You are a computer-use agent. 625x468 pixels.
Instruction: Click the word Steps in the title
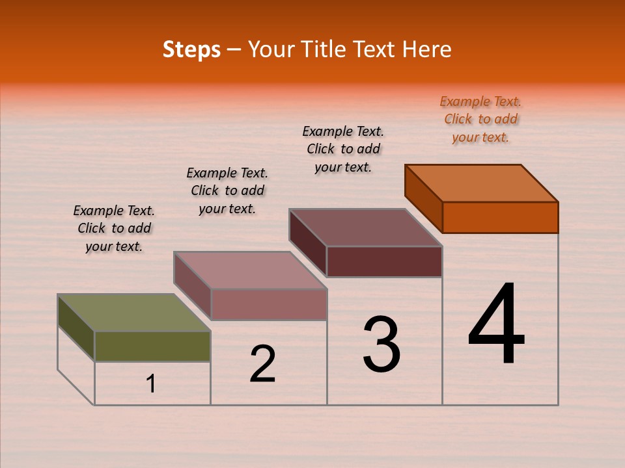[x=191, y=49]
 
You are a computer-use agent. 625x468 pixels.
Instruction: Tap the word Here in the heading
[x=426, y=49]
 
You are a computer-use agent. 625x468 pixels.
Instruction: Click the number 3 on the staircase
[x=382, y=344]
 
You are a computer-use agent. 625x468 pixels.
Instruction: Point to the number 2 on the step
[x=262, y=364]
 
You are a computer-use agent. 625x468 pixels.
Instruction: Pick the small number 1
[x=151, y=383]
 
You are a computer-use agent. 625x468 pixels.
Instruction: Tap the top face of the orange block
[x=482, y=183]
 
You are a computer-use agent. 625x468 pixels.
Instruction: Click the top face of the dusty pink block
[x=250, y=270]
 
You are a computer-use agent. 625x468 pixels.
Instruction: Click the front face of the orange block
[x=500, y=217]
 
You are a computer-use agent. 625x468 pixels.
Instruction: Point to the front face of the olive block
[x=152, y=346]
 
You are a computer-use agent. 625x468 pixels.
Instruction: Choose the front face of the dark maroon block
[x=384, y=261]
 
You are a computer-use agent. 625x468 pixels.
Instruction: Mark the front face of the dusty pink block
[x=268, y=304]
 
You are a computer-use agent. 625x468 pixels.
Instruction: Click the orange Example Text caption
[x=480, y=119]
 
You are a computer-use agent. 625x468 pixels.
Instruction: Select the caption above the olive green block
[x=114, y=228]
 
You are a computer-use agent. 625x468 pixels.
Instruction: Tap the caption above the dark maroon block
[x=343, y=149]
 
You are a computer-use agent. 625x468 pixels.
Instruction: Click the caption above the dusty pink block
[x=227, y=190]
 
